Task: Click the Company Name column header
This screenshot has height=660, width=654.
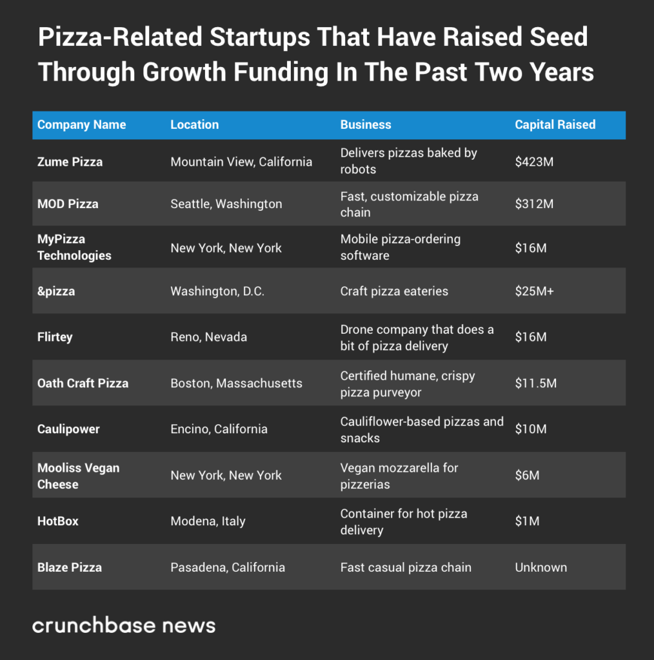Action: coord(81,124)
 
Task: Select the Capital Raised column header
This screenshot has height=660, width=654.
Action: coord(555,124)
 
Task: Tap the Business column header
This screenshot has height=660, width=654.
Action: coord(366,124)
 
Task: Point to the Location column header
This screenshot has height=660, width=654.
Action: coord(194,124)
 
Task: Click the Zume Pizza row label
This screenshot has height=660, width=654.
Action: coord(70,162)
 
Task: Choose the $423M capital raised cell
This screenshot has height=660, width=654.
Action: coord(534,162)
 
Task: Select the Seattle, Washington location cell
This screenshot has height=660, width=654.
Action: coord(226,204)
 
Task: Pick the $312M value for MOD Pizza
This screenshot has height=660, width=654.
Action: coord(534,204)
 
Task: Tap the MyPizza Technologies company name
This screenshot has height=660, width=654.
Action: coord(74,247)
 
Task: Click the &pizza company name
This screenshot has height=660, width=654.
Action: coord(56,291)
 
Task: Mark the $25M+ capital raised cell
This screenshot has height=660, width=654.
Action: coord(534,291)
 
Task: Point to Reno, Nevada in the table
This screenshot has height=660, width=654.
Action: coord(208,337)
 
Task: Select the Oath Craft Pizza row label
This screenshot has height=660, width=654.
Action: coord(83,383)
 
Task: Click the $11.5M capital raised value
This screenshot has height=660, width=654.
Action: coord(535,383)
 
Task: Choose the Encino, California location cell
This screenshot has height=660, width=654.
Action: coord(219,429)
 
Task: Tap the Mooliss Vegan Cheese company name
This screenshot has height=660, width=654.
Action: coord(78,476)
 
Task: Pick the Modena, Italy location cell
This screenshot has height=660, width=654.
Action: coord(208,521)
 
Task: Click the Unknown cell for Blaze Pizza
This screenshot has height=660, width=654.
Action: coord(540,567)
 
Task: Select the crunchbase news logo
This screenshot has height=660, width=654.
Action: coord(124,625)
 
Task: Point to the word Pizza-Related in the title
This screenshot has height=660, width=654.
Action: coord(119,37)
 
